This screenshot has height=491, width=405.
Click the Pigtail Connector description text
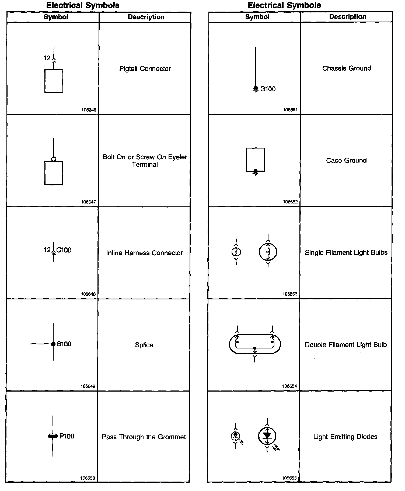coord(145,69)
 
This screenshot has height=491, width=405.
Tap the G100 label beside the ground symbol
coord(268,89)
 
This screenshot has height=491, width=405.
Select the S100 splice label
coord(64,344)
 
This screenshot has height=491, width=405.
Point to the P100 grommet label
coord(67,436)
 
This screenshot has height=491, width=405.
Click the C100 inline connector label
coord(64,250)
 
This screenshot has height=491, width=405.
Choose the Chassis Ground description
coord(347,68)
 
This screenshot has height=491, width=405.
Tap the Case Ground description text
coord(346,160)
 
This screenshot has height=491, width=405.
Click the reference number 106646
coord(89,110)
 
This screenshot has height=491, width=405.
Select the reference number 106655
coord(289,478)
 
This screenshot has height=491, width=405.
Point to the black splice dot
coord(53,344)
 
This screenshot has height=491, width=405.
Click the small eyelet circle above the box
coord(54,159)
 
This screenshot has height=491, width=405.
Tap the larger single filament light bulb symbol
coord(268,252)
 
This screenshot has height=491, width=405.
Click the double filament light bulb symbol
coord(255,344)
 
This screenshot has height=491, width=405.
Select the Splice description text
coord(144,345)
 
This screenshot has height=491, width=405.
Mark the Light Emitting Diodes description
coord(345,437)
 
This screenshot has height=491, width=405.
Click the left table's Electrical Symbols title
coord(83,5)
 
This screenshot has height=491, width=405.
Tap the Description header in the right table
coord(348,17)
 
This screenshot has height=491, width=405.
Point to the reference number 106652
coord(290,202)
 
